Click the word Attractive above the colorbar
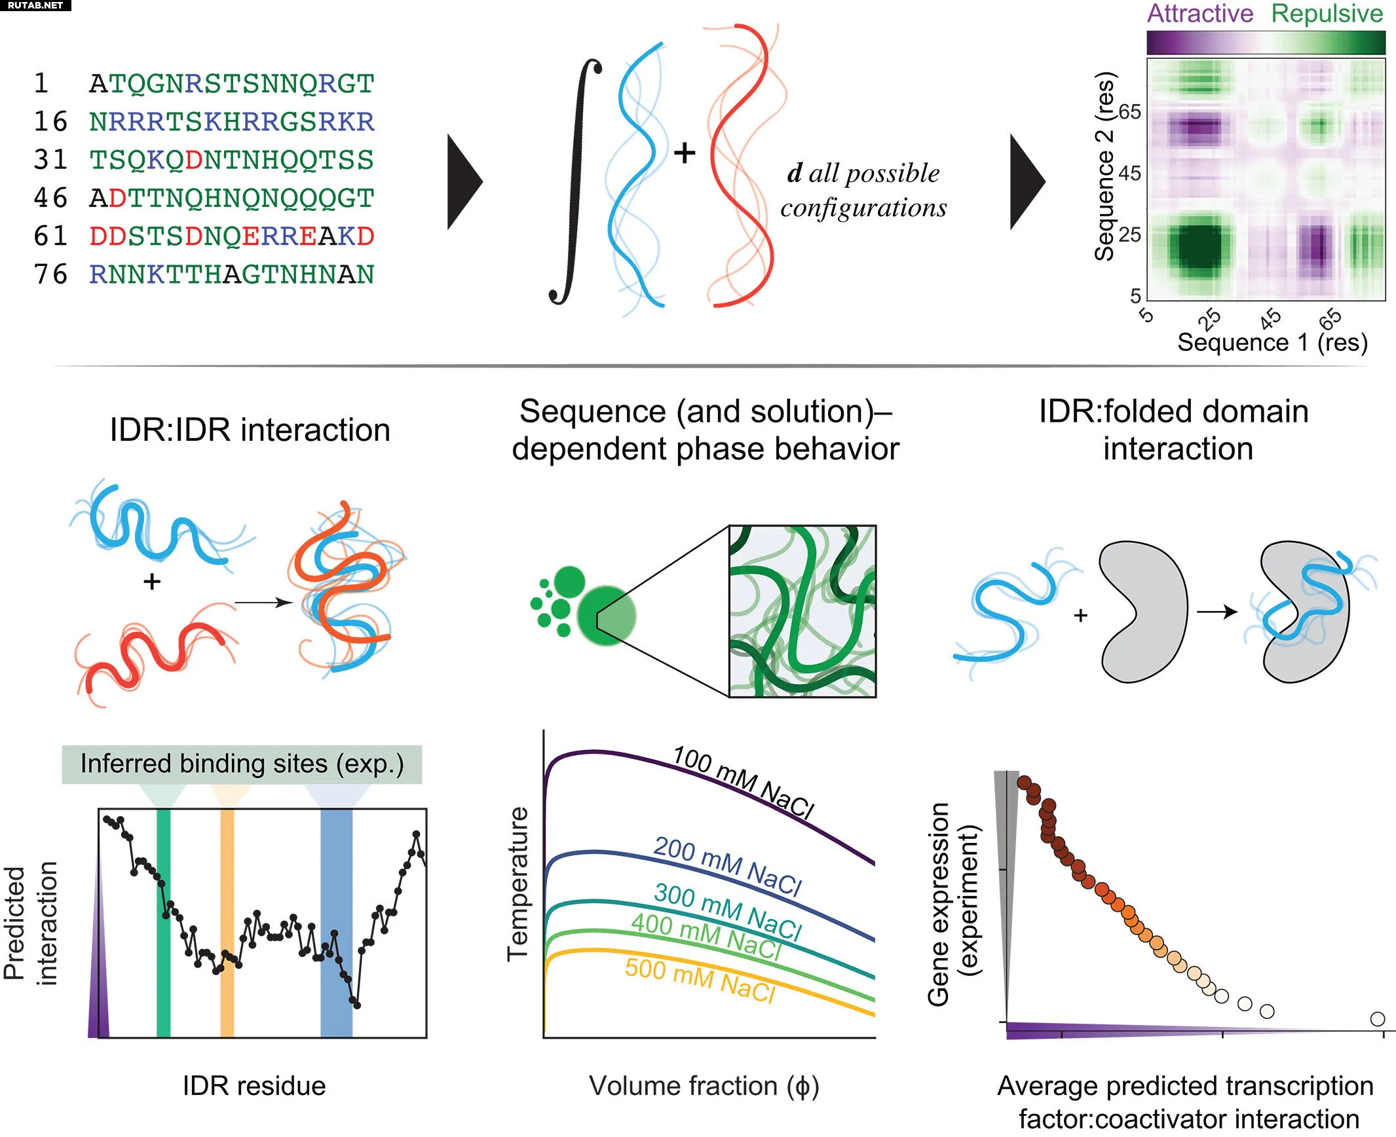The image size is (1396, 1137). tap(1200, 14)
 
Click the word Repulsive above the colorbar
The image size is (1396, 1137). tap(1327, 15)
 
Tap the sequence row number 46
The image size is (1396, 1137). tap(50, 198)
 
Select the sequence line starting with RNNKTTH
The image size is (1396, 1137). tap(232, 274)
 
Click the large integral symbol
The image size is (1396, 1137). tap(575, 181)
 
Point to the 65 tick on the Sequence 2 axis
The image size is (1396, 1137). tap(1129, 112)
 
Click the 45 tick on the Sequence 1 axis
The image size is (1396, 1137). tap(1270, 319)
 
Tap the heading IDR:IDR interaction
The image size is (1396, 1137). tap(250, 430)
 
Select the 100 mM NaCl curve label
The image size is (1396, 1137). tap(744, 782)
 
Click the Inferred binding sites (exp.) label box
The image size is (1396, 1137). tap(242, 764)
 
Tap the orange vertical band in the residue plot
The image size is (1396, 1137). tap(227, 923)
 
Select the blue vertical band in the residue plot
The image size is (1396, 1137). tap(337, 923)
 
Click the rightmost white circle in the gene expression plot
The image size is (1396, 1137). tap(1378, 1019)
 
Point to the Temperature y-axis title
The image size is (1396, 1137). tap(518, 884)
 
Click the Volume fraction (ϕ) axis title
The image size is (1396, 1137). tap(704, 1086)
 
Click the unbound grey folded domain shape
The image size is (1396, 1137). tap(1143, 612)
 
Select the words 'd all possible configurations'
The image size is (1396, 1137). tap(863, 190)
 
